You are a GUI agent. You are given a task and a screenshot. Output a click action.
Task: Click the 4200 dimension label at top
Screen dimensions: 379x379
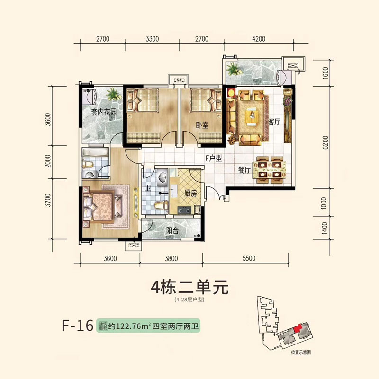(259, 39)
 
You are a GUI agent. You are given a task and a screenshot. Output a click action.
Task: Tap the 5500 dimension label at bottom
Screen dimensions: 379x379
(249, 258)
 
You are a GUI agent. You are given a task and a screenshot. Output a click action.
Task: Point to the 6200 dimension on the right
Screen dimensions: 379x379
(325, 142)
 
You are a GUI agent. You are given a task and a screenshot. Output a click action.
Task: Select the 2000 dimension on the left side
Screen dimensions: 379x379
(48, 161)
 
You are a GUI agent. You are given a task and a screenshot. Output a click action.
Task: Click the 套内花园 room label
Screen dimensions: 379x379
(104, 112)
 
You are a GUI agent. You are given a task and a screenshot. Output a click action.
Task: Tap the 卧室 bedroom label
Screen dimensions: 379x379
(202, 125)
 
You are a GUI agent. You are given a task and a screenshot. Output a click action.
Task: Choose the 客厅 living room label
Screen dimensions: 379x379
(274, 122)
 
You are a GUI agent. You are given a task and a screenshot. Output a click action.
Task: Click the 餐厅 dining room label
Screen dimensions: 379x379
(244, 170)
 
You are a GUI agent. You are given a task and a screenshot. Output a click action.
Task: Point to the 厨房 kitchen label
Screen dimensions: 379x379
(190, 193)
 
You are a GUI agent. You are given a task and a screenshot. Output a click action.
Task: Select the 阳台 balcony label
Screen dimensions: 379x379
(172, 230)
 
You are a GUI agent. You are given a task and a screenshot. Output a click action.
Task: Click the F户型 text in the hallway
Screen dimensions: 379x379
(214, 158)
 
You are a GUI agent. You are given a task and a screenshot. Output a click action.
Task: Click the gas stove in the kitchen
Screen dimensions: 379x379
(184, 210)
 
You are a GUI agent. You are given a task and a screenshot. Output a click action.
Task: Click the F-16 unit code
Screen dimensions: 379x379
(78, 326)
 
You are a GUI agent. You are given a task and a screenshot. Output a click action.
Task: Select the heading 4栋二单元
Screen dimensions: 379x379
(189, 288)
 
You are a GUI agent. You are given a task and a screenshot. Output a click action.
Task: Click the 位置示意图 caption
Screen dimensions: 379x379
(300, 353)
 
